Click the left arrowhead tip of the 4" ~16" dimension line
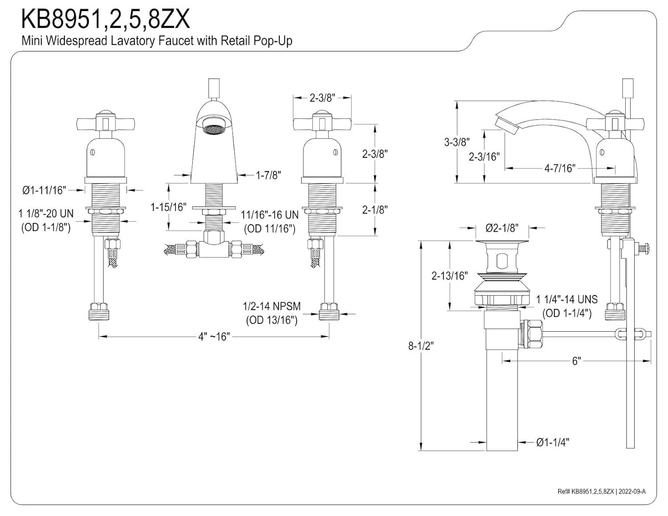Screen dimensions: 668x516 point(99,337)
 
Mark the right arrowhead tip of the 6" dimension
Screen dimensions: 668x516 point(651,361)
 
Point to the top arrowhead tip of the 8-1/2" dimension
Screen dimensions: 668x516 point(421,242)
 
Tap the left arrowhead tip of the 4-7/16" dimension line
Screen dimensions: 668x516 point(505,168)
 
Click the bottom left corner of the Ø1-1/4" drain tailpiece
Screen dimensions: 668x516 point(487,451)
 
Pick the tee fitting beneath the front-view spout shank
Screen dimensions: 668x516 point(214,244)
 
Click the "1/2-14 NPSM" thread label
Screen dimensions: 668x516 point(272,306)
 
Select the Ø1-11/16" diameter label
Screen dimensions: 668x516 point(44,191)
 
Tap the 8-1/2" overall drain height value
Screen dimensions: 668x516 point(421,346)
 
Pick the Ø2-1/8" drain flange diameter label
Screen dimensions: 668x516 point(502,228)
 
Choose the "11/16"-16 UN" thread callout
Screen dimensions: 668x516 point(269,215)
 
